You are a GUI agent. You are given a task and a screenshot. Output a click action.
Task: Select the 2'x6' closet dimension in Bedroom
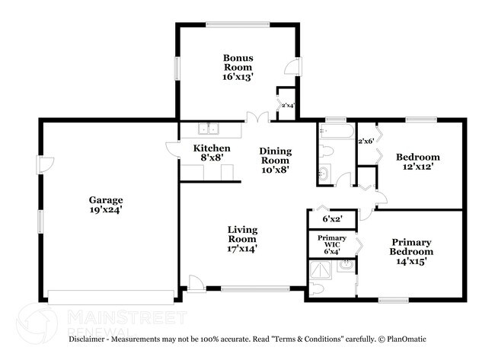coord(366,141)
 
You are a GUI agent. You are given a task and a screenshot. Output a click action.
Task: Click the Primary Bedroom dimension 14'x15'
coord(411,261)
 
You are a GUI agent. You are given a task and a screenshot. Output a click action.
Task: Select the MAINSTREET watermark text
coord(126,317)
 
